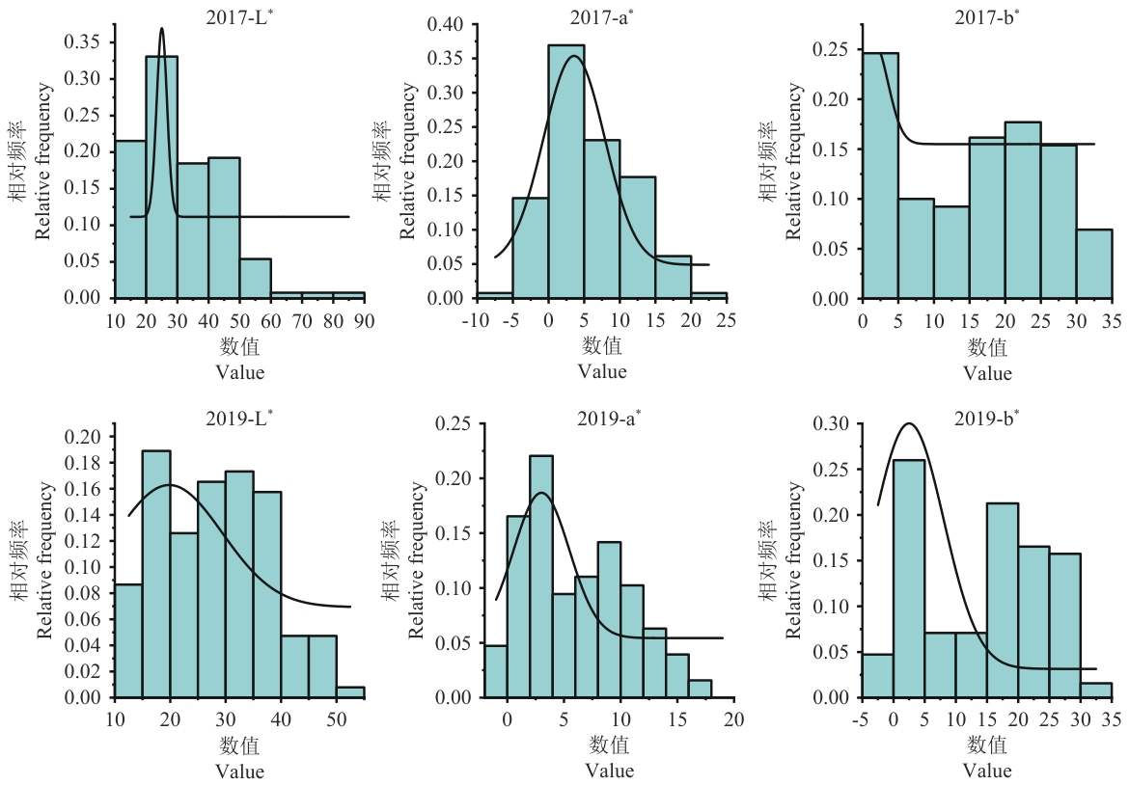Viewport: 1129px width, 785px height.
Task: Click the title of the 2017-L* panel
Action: pos(239,17)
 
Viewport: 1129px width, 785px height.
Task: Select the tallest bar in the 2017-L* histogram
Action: pos(161,177)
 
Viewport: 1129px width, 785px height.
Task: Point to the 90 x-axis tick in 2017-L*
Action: pos(365,320)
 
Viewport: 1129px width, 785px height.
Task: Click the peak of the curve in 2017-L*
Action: pos(161,28)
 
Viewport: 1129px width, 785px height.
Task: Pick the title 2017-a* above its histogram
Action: pos(602,17)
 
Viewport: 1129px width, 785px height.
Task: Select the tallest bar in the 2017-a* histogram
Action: pos(565,172)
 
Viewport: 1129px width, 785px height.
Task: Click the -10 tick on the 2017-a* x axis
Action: pos(476,320)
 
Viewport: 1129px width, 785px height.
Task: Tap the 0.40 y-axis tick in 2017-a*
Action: pos(446,24)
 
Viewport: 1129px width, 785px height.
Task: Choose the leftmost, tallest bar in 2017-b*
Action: pos(880,176)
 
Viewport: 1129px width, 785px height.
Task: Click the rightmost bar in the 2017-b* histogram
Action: pos(1094,263)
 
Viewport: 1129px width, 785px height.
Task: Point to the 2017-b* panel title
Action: pos(987,17)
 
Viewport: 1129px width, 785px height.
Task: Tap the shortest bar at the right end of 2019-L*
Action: pos(350,692)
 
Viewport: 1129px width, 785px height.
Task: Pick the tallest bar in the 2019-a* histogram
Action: pos(541,577)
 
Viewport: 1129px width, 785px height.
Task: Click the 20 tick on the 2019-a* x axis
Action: pos(733,719)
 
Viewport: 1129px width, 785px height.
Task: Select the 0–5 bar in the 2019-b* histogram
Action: pos(909,579)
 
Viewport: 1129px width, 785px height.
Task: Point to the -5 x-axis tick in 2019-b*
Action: pos(861,719)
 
